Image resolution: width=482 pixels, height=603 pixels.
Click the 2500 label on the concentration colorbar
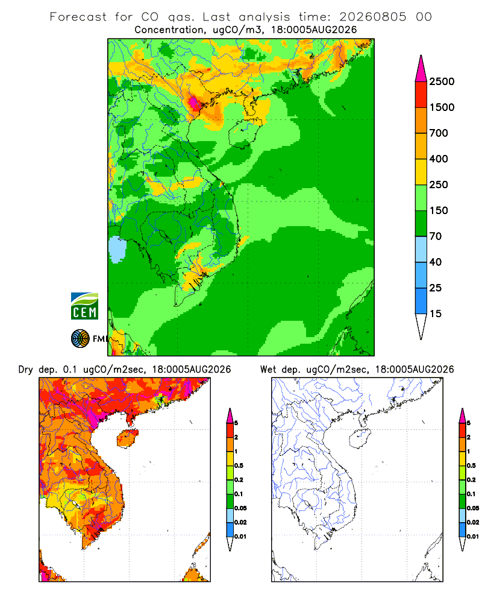[442, 81]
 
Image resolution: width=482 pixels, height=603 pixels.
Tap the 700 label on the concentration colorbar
[439, 133]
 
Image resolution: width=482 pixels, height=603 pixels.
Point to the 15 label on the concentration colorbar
[436, 314]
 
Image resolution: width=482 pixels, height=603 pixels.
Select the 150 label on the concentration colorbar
[439, 210]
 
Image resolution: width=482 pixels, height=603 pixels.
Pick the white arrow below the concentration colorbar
[421, 325]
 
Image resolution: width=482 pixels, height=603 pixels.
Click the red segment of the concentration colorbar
[421, 95]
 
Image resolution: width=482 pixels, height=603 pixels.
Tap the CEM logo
[84, 306]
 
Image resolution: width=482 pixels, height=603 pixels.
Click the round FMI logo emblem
[80, 339]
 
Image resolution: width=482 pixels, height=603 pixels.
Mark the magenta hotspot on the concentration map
[194, 103]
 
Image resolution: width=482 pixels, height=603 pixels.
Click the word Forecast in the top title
[78, 17]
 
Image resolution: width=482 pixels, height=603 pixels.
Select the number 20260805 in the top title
[373, 17]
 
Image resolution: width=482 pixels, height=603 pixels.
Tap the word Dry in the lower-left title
[26, 370]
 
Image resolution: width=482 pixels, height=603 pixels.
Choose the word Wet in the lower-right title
[268, 370]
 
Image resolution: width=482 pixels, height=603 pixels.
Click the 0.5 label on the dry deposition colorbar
[239, 466]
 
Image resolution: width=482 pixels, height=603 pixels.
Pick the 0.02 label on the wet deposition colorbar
[473, 522]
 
